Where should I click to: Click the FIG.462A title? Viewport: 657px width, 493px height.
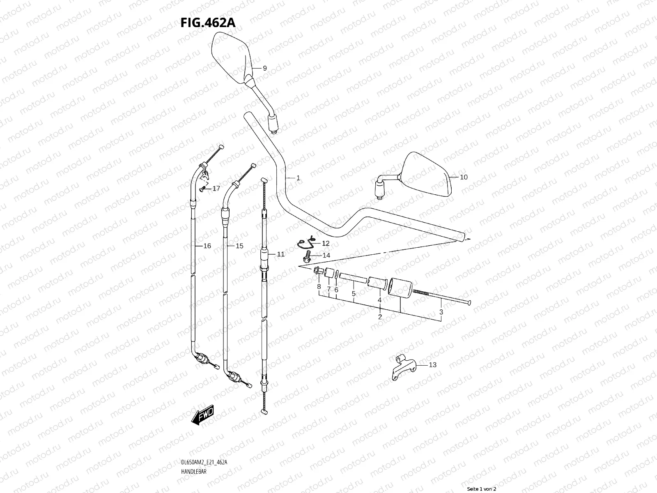pyautogui.click(x=208, y=23)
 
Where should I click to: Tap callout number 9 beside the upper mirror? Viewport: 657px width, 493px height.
pyautogui.click(x=264, y=68)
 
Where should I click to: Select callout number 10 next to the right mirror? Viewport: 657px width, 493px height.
pyautogui.click(x=463, y=177)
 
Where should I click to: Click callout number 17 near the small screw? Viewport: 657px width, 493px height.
pyautogui.click(x=216, y=189)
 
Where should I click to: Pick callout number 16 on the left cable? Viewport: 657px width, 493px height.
pyautogui.click(x=207, y=246)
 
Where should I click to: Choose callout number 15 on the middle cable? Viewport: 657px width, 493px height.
pyautogui.click(x=239, y=246)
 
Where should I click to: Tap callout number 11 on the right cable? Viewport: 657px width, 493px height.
pyautogui.click(x=280, y=254)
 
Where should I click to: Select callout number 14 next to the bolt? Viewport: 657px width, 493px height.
pyautogui.click(x=326, y=256)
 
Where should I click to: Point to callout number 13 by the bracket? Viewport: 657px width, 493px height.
pyautogui.click(x=432, y=365)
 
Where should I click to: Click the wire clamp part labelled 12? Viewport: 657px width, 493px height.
pyautogui.click(x=306, y=244)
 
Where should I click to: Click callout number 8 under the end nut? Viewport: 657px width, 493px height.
pyautogui.click(x=319, y=286)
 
